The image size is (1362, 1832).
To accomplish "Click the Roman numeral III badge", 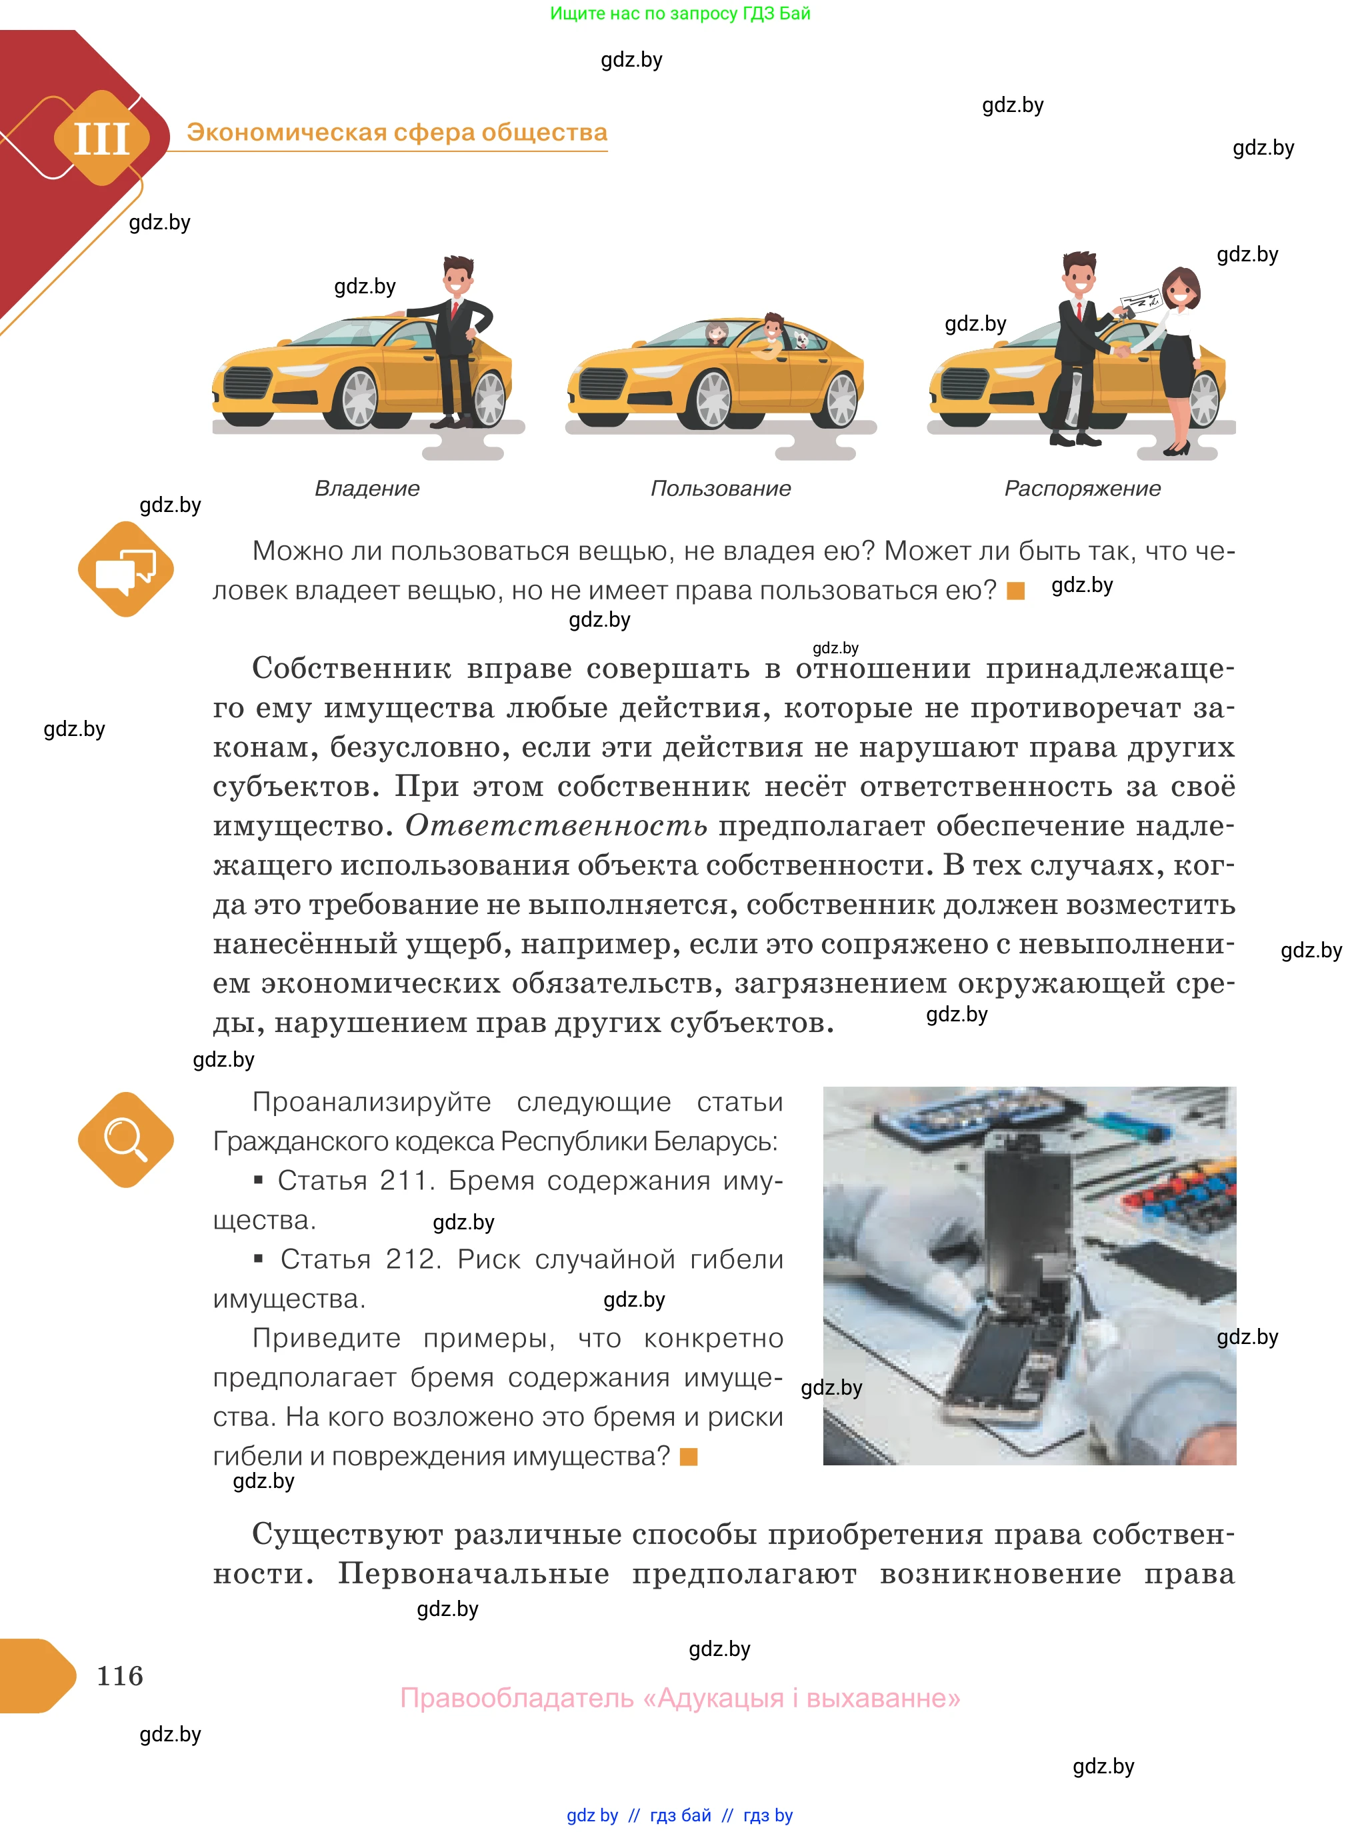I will click(x=101, y=139).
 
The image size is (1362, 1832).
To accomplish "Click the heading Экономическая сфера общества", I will click(x=397, y=132).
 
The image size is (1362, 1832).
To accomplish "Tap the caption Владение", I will click(x=367, y=488).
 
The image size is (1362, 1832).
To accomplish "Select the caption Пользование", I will click(x=721, y=488).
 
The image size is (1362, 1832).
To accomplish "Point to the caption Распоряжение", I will click(x=1082, y=488).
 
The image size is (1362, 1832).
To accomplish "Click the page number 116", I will click(x=119, y=1675).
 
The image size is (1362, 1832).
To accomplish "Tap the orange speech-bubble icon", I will click(x=125, y=569).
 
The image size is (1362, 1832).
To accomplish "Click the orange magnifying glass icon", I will click(x=125, y=1139).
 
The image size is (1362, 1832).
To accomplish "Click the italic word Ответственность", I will click(x=556, y=825).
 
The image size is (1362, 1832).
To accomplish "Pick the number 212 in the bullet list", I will click(x=408, y=1259).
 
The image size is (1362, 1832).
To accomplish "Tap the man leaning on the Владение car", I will click(x=455, y=338).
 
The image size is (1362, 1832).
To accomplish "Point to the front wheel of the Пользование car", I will click(x=713, y=400).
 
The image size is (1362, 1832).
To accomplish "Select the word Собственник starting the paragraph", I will click(x=351, y=668).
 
